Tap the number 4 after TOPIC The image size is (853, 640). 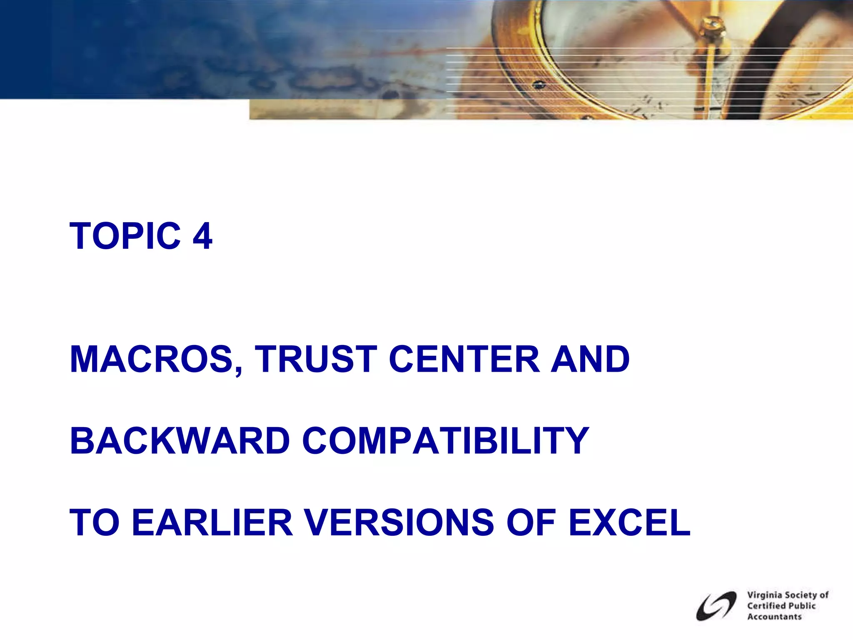coord(202,236)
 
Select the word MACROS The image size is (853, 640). coord(152,359)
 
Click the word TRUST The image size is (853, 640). coord(316,359)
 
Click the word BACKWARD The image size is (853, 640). coord(180,441)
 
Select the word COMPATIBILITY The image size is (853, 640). coord(445,441)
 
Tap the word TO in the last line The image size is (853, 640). coord(95,522)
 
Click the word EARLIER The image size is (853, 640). coord(212,522)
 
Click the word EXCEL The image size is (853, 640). coord(629,522)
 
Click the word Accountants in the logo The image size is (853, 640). coord(774,617)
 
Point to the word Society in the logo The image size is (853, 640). coord(801,595)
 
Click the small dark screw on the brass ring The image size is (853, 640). coord(539,85)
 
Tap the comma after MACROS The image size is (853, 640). coord(238,370)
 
